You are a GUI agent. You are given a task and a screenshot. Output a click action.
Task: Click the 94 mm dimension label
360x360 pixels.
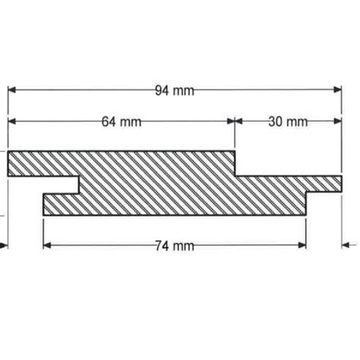point(174,91)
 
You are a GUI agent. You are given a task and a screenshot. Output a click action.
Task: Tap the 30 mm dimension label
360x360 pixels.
point(287,122)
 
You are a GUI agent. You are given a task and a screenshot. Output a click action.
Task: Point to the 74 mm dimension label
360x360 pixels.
point(173,245)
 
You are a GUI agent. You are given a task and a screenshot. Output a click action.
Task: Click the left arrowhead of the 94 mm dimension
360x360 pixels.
point(13,91)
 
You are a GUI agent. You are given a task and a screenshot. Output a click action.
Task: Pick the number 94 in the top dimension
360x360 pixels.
point(162,91)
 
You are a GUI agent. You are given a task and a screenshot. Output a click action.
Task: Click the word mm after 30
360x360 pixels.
point(298,122)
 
